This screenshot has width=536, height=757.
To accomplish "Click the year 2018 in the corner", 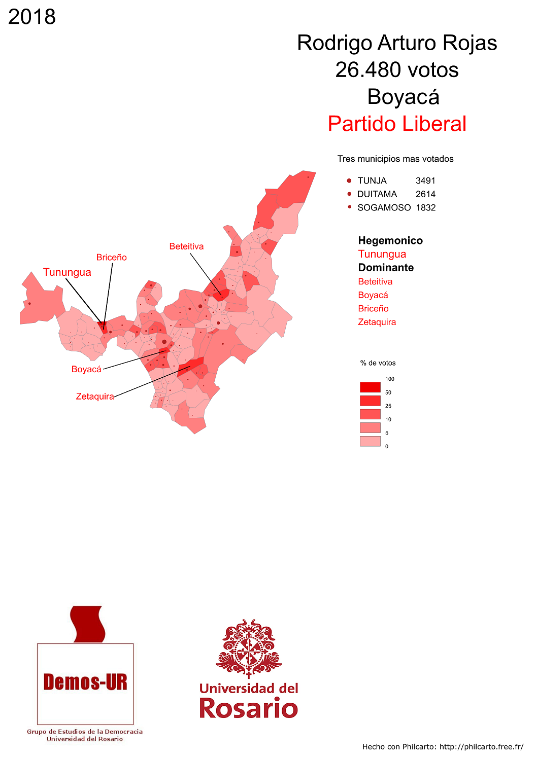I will [x=32, y=17].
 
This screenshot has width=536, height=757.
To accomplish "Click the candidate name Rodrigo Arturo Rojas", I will [x=396, y=43].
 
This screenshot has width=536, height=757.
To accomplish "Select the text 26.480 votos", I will [x=396, y=70].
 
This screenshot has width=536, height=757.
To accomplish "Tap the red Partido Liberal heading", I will [x=396, y=124].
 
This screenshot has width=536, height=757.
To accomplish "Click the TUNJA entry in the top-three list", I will [x=372, y=181].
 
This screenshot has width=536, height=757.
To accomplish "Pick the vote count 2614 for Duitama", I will [x=425, y=194].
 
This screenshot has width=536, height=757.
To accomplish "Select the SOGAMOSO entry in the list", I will [x=384, y=207].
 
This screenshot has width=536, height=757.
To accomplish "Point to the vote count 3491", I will [x=425, y=181].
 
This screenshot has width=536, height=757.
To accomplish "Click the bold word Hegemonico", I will [x=390, y=240].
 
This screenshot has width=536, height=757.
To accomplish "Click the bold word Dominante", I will [x=386, y=268].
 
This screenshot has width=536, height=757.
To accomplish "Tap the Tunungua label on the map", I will [x=67, y=272].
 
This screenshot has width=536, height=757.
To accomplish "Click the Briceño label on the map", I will [x=112, y=258].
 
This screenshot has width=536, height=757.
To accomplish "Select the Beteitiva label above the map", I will [x=186, y=246].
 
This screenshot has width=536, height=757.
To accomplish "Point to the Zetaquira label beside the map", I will [x=95, y=396].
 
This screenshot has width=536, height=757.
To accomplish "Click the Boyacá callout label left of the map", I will [x=86, y=369].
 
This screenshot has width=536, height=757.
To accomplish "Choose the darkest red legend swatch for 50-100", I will [x=370, y=387].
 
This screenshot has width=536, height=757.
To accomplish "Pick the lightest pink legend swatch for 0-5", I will [x=370, y=441].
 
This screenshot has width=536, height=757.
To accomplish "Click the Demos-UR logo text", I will [x=85, y=682].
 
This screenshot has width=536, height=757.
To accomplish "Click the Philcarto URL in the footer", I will [x=481, y=747].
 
